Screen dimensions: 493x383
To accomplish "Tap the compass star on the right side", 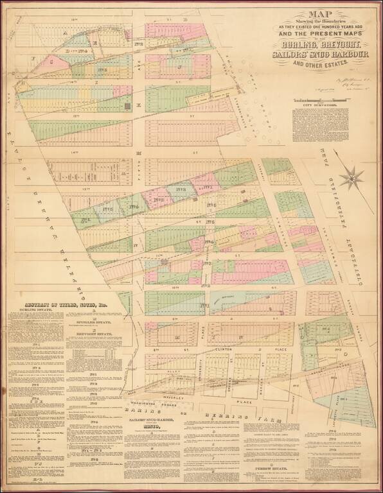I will click(x=353, y=177).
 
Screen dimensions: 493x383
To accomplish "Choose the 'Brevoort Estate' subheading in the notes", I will click(x=97, y=334).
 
